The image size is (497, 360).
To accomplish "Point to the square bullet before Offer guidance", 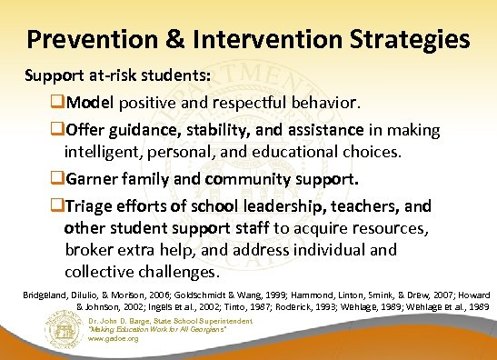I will tap(59, 132).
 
